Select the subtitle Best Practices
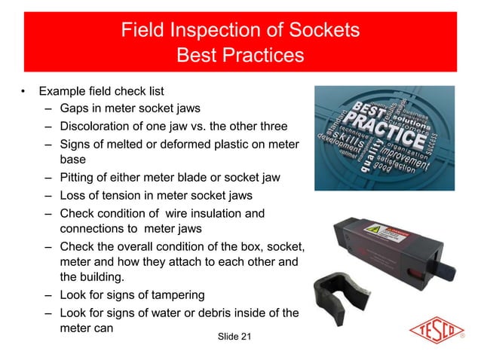(240, 56)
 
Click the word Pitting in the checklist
(78, 178)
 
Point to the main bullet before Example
(24, 92)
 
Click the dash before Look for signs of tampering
(47, 294)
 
